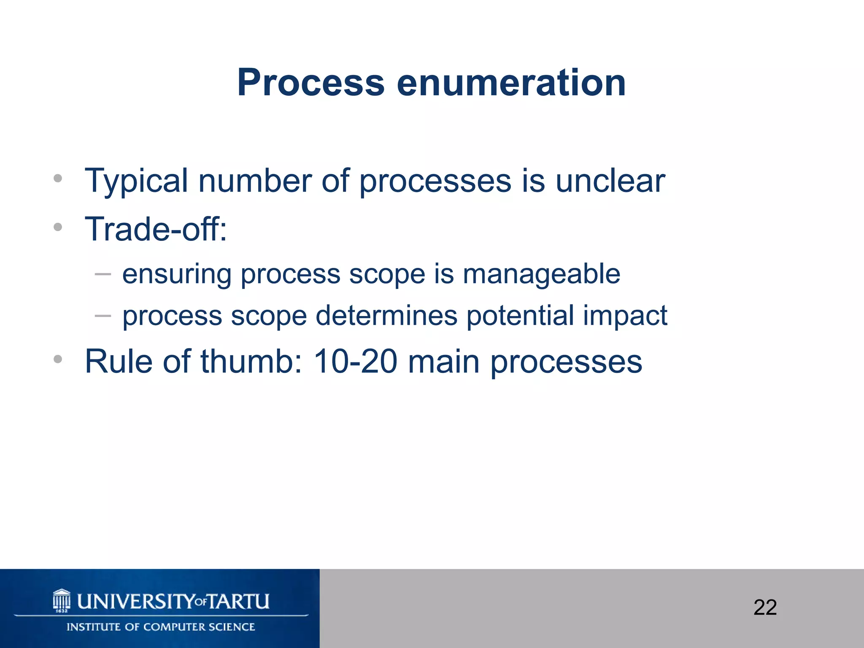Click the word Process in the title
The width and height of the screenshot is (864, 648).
[310, 83]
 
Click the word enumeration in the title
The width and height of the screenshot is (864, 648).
[511, 83]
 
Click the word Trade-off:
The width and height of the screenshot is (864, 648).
[156, 229]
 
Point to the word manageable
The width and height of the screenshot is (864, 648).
[541, 275]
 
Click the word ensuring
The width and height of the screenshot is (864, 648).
[177, 275]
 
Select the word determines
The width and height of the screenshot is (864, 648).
[386, 316]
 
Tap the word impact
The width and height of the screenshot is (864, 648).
[625, 316]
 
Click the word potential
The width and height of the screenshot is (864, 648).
[520, 316]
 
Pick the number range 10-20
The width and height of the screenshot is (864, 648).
[355, 361]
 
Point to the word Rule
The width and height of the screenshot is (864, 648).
[119, 361]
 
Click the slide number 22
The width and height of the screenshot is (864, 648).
[765, 607]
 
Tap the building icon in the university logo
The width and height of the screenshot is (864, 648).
[62, 600]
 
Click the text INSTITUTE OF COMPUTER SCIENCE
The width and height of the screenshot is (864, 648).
[161, 627]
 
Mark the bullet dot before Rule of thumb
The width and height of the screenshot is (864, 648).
[58, 359]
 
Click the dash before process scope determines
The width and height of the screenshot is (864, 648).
[103, 315]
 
